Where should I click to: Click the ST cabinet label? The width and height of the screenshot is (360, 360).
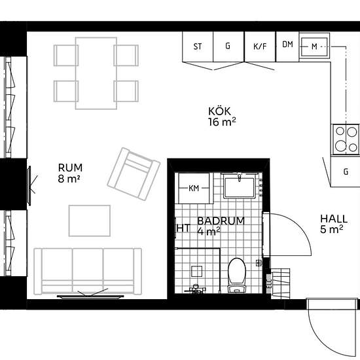(x=198, y=46)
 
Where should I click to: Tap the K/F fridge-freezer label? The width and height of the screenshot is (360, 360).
(x=260, y=46)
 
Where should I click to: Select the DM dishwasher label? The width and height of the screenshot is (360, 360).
(x=288, y=45)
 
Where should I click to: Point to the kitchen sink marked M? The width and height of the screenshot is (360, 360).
(x=314, y=47)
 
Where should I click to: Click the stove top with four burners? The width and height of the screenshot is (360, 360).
(x=346, y=139)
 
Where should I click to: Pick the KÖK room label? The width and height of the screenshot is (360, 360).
(x=219, y=111)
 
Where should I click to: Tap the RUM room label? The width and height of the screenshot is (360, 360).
(x=70, y=168)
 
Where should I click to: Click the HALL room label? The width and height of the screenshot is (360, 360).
(x=334, y=219)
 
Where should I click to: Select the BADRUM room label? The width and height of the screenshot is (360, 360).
(x=221, y=221)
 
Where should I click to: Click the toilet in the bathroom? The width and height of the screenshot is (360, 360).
(x=237, y=275)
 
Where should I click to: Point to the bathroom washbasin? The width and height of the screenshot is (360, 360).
(x=239, y=186)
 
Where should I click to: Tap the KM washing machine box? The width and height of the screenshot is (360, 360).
(x=194, y=189)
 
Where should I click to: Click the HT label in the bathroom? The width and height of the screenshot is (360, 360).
(x=184, y=228)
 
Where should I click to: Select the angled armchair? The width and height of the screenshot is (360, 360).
(x=134, y=174)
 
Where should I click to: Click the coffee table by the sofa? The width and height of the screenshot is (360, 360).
(x=90, y=221)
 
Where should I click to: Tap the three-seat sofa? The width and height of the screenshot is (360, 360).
(x=88, y=271)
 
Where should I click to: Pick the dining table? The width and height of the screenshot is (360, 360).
(x=96, y=73)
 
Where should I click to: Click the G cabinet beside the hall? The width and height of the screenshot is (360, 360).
(x=346, y=171)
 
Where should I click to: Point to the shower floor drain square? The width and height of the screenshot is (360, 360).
(x=196, y=271)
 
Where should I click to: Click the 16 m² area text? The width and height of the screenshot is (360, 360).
(x=222, y=122)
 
